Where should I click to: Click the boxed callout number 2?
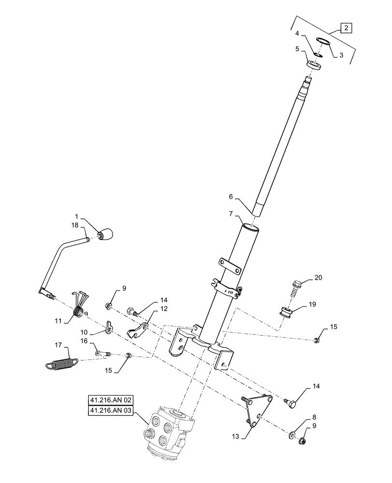[x=347, y=27]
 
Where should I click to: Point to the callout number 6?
[x=231, y=197]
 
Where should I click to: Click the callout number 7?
[x=231, y=213]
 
